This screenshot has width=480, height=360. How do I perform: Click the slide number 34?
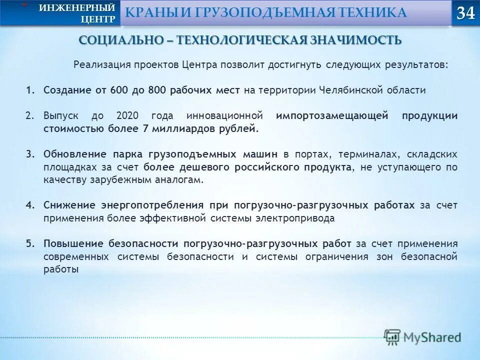tap(465, 13)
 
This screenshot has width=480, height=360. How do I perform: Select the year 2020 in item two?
tap(127, 116)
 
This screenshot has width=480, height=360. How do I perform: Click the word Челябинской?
tap(349, 90)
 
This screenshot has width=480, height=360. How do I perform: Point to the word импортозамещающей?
tap(332, 116)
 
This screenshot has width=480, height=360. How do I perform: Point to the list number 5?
tap(30, 244)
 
